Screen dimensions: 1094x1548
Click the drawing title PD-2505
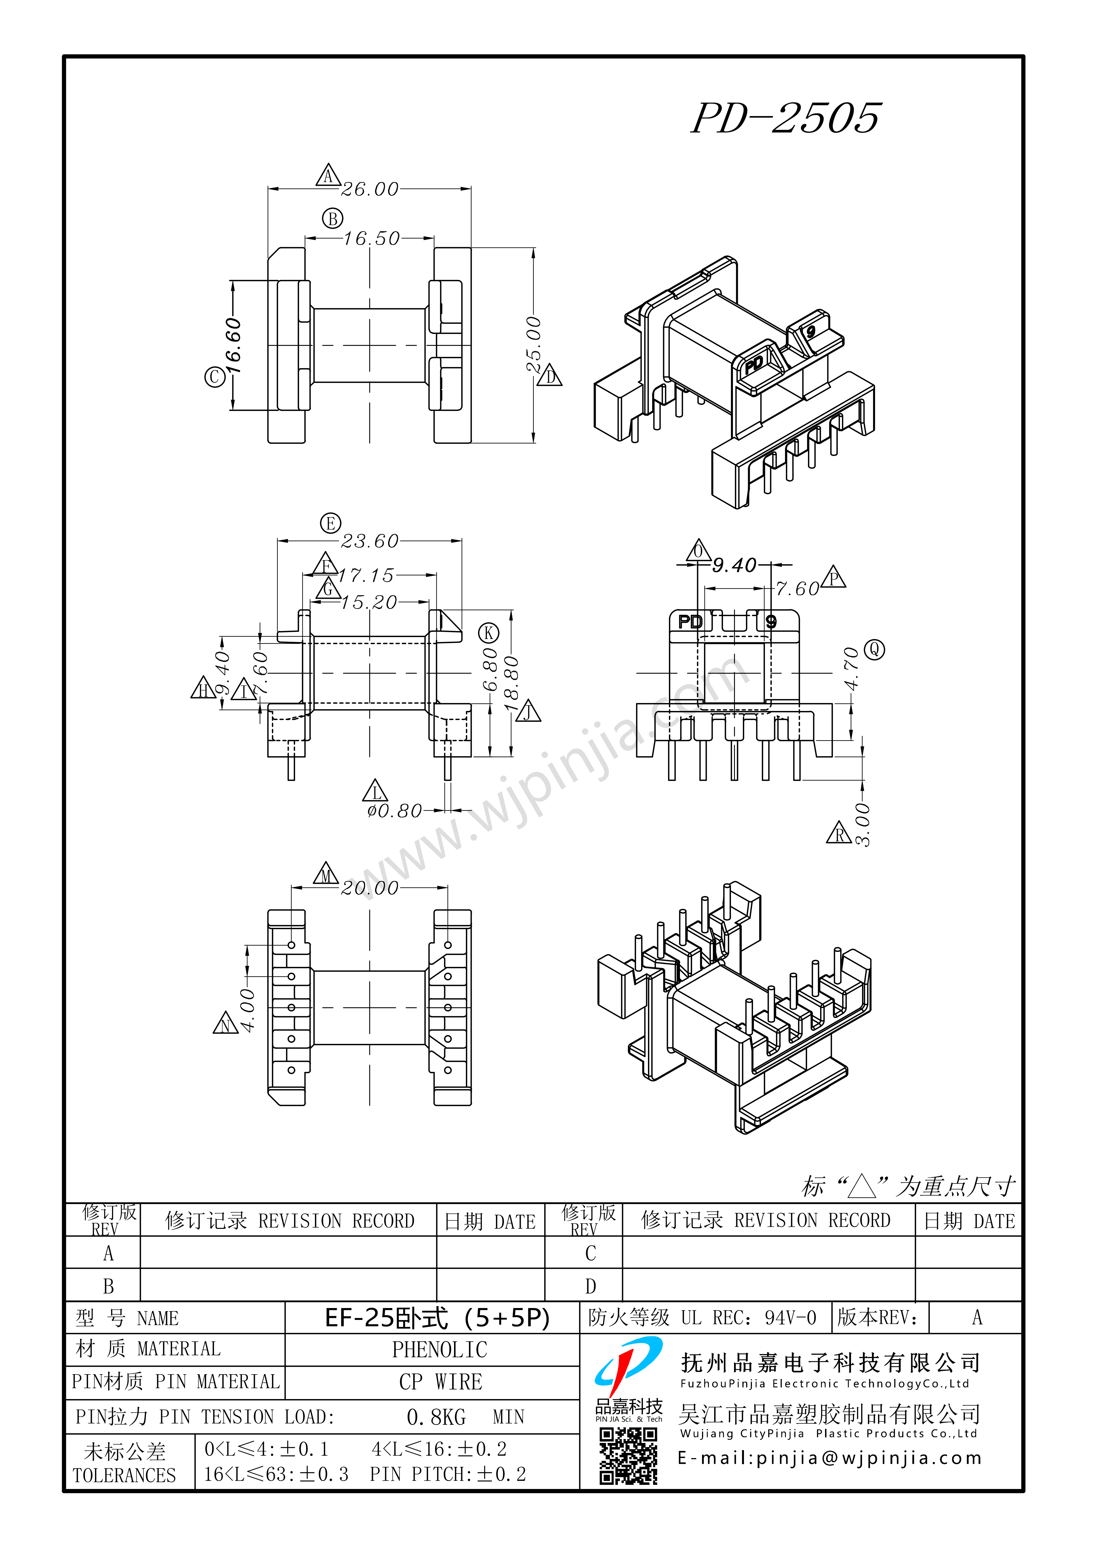pos(786,118)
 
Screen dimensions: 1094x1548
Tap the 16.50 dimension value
pos(372,239)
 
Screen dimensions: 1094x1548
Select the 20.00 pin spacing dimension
pos(370,888)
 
